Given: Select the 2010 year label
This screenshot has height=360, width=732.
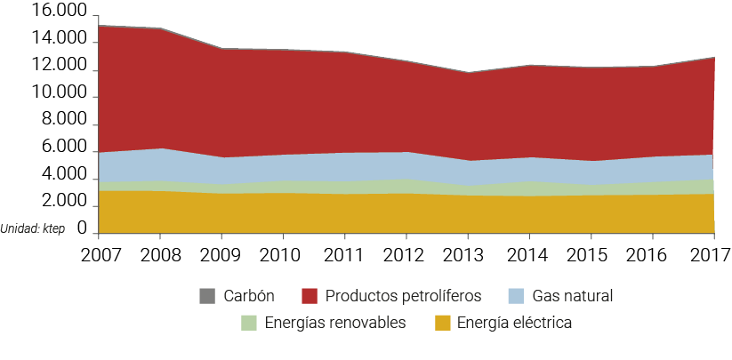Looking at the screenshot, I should [x=283, y=257].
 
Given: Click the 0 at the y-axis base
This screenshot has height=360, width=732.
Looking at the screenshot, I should [x=83, y=229].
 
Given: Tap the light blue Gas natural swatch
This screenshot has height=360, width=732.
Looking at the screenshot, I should [x=516, y=296].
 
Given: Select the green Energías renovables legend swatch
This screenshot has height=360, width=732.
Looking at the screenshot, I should [x=249, y=323].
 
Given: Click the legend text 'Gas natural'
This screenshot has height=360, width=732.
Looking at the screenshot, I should [x=573, y=296].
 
